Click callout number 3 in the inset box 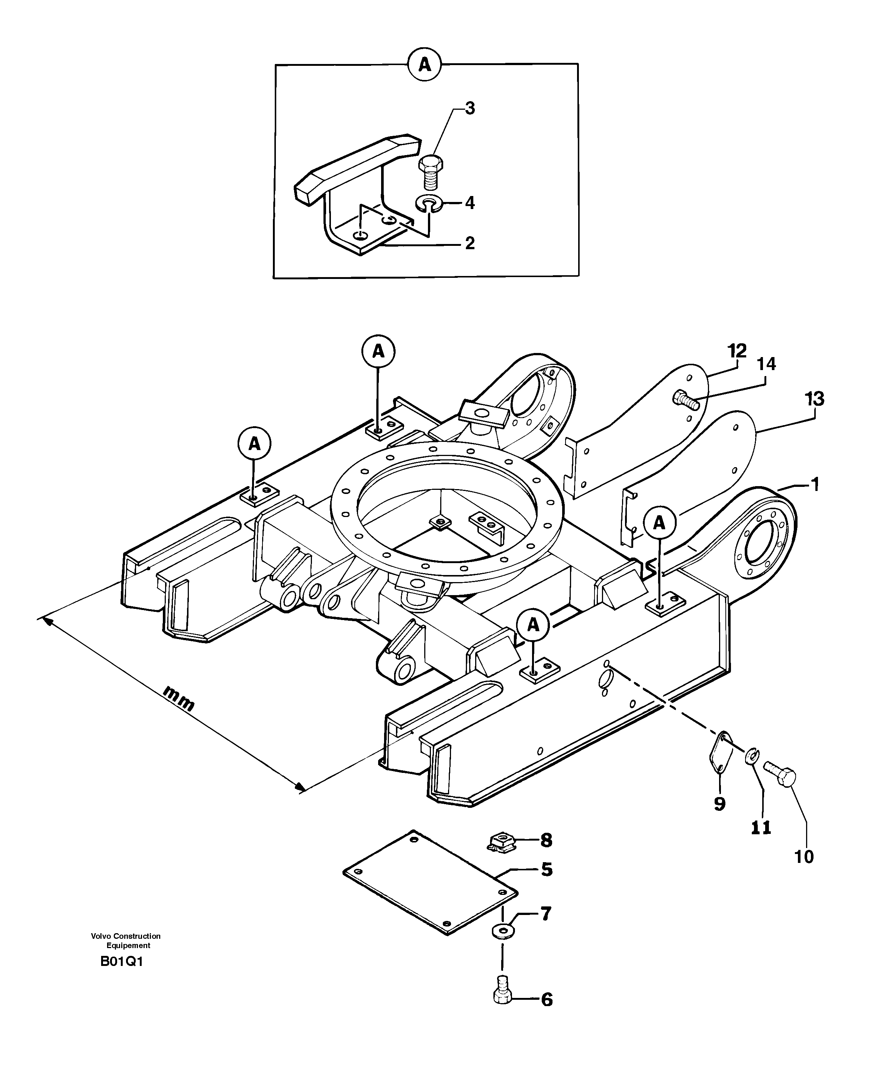click(469, 108)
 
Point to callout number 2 click(469, 244)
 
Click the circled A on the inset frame click(425, 65)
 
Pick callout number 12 click(737, 351)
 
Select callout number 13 click(814, 399)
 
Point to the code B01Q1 click(122, 962)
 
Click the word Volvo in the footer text click(101, 936)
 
